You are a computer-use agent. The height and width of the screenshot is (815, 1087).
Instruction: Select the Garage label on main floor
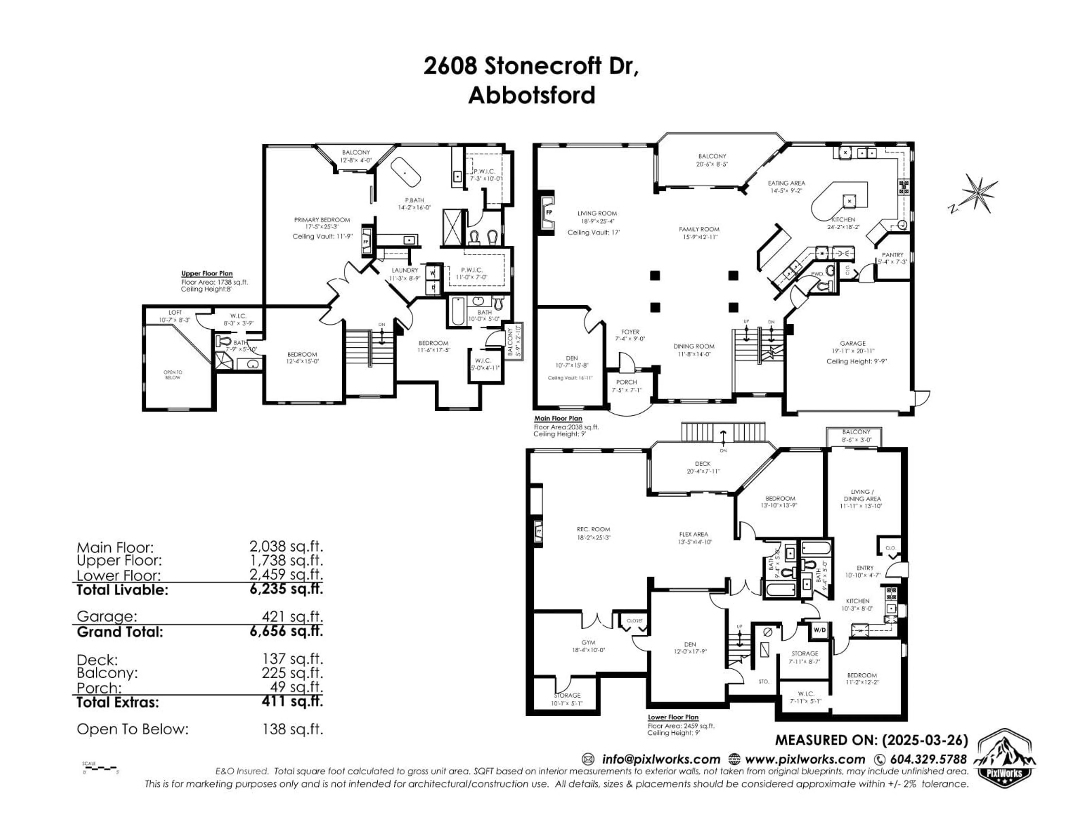click(x=853, y=343)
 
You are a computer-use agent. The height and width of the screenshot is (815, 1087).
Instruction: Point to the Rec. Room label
click(x=593, y=529)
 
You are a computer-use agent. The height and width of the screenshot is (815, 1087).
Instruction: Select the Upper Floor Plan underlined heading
click(x=207, y=274)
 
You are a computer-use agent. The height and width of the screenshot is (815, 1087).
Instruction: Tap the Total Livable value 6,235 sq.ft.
click(x=286, y=589)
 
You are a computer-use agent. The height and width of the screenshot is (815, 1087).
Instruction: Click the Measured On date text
click(x=871, y=740)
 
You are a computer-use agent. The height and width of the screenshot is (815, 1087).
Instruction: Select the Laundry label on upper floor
click(x=405, y=270)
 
